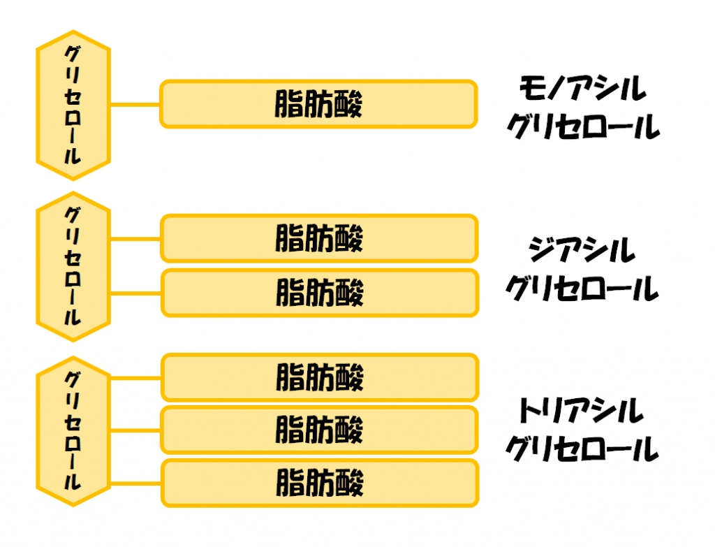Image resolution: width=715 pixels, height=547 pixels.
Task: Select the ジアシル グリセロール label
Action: click(x=582, y=269)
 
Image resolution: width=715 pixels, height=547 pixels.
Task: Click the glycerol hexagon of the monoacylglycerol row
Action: click(x=73, y=105)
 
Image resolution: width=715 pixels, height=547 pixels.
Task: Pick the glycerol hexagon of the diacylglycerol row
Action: click(x=73, y=266)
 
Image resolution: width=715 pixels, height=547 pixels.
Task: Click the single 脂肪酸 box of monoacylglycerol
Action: click(x=319, y=105)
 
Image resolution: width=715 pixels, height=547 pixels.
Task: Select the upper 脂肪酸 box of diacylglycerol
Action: click(x=319, y=238)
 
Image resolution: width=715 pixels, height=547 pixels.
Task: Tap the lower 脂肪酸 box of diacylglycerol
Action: click(x=319, y=292)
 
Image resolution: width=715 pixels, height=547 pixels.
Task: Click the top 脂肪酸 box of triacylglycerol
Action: click(x=319, y=378)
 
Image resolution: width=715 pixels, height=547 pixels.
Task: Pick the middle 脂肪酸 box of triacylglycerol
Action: click(x=319, y=430)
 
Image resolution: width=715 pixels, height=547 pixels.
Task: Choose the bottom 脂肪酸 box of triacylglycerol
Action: click(x=319, y=483)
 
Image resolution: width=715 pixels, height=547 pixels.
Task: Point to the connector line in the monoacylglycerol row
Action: click(x=135, y=105)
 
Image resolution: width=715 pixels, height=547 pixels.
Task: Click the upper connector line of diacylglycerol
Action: click(x=135, y=239)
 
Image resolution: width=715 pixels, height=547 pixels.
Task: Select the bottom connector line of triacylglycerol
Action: click(x=135, y=483)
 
